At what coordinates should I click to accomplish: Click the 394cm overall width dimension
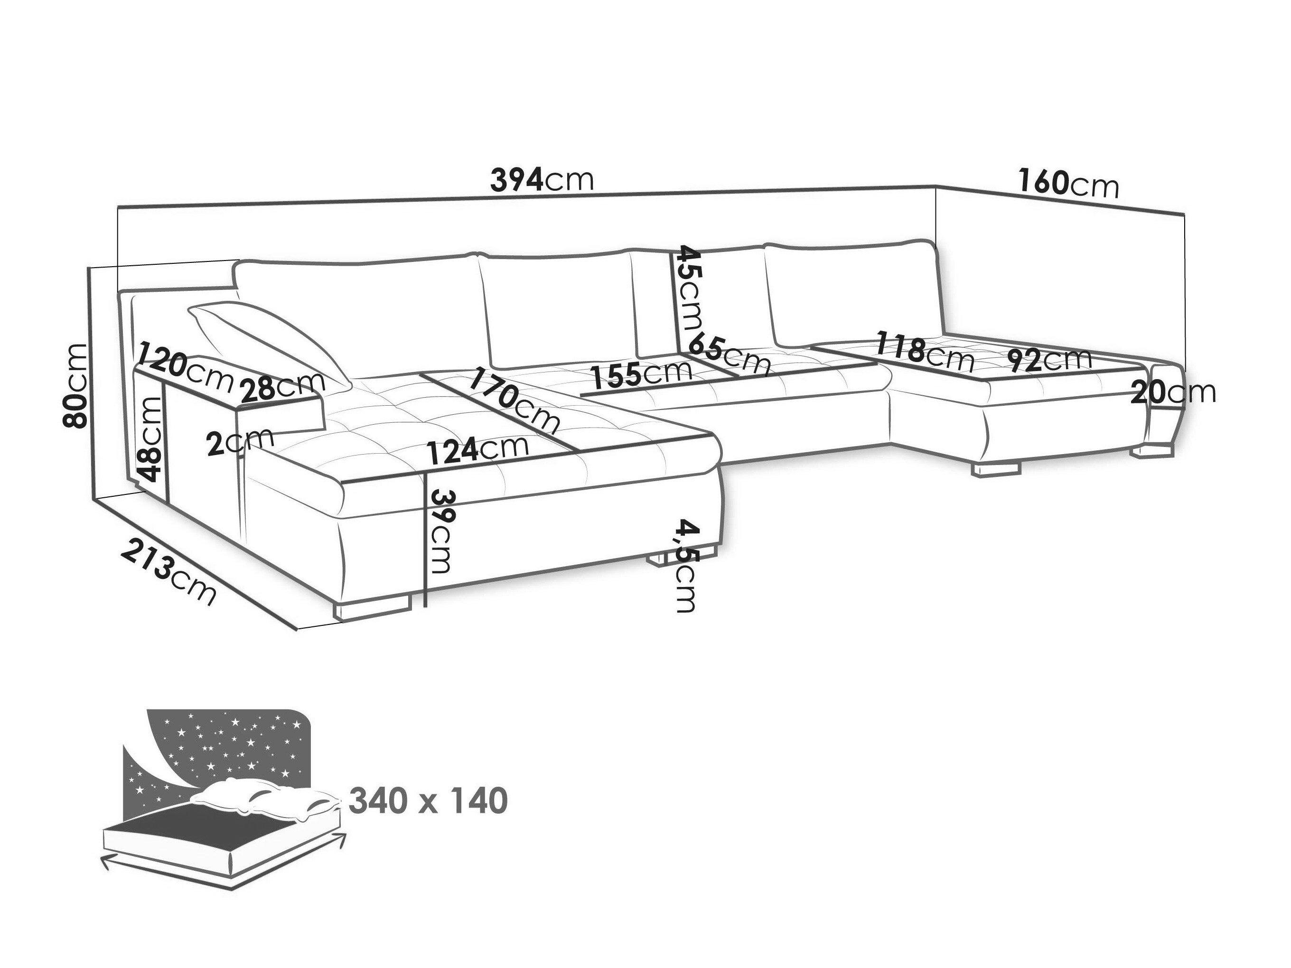point(542,180)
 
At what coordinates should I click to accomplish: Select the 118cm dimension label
point(925,352)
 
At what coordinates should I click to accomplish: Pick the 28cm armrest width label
point(282,386)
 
